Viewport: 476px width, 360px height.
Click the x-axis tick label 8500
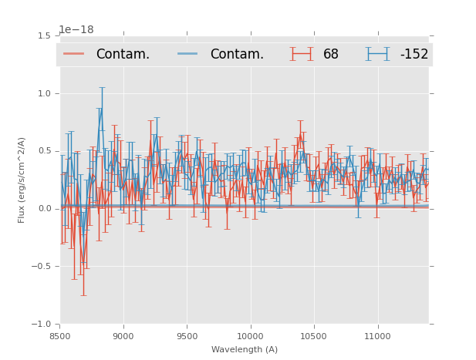click(59, 336)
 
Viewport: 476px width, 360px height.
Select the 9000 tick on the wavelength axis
click(123, 336)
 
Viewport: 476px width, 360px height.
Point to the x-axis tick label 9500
click(187, 336)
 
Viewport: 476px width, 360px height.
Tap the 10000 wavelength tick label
click(250, 336)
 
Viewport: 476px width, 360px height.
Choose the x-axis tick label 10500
click(314, 336)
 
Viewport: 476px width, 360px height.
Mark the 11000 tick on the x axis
click(377, 336)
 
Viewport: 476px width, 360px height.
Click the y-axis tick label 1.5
click(44, 36)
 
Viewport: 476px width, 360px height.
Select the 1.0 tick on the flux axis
click(44, 93)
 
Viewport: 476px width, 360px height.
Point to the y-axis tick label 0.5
click(44, 151)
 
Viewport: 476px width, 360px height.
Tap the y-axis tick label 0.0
click(44, 209)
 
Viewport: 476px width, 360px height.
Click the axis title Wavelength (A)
click(245, 350)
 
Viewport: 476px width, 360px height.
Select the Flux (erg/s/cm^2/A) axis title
click(22, 180)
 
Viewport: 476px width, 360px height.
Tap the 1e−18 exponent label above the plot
click(76, 30)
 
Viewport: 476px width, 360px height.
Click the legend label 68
click(331, 55)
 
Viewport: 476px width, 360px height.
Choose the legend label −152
click(414, 55)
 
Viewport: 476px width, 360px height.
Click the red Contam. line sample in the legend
click(75, 54)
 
